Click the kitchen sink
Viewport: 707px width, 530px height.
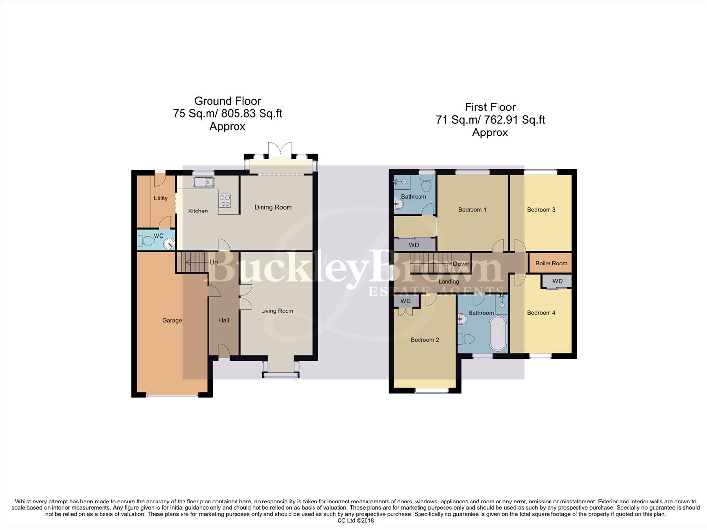click(204, 182)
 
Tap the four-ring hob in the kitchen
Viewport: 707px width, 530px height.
click(225, 200)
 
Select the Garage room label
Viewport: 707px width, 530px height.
click(172, 320)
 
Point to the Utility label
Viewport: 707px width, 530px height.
click(160, 198)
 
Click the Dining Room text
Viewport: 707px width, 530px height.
click(273, 207)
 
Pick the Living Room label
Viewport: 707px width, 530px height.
click(277, 311)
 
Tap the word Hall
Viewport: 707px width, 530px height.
click(224, 320)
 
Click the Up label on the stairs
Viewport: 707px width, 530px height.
click(214, 262)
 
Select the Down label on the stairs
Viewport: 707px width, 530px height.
click(461, 264)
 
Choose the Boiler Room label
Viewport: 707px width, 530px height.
click(551, 263)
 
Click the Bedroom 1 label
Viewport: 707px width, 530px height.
click(472, 210)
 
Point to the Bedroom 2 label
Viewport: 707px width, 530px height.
click(424, 340)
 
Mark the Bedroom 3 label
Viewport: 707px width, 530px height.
click(541, 210)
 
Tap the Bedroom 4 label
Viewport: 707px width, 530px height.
click(541, 313)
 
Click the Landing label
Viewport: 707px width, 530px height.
click(448, 282)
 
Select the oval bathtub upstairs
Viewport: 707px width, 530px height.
click(498, 334)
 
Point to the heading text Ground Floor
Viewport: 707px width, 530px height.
click(227, 101)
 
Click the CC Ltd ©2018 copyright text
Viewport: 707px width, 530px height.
click(355, 520)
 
